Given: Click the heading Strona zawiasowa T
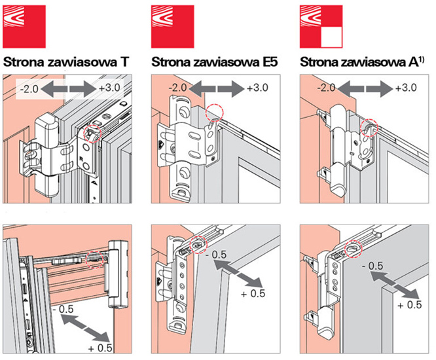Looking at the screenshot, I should tap(66, 63).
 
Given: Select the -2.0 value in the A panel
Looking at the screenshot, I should tap(328, 87).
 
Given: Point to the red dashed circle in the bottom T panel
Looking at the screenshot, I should tap(95, 257).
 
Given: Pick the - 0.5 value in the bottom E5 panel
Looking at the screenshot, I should tap(216, 254).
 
